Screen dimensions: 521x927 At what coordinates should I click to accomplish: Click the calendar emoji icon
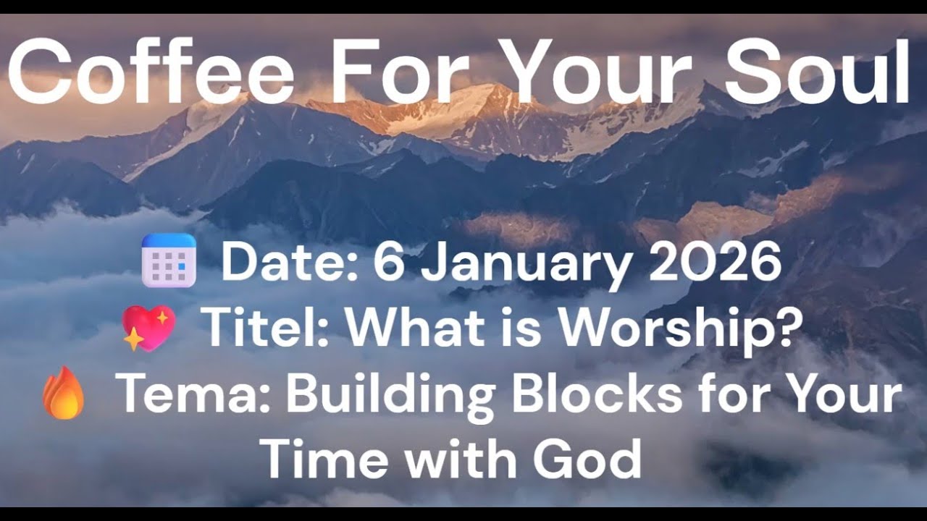pyautogui.click(x=169, y=260)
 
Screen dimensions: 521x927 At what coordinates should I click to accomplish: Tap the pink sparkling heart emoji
pyautogui.click(x=148, y=328)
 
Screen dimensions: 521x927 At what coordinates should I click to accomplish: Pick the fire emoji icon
pyautogui.click(x=64, y=392)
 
